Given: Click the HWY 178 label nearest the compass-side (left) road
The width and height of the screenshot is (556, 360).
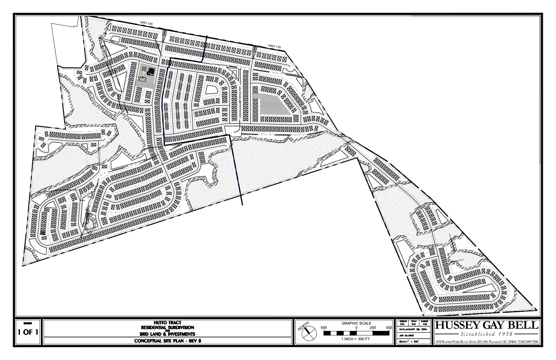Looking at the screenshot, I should point(145,24).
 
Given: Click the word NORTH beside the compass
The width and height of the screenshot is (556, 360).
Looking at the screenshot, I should point(303,326).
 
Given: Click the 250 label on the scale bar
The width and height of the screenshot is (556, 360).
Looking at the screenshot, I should point(373,328).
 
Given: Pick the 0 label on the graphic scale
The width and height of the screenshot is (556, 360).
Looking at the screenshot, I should point(357,328).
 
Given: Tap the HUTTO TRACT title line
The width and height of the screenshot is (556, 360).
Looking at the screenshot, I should point(168,322).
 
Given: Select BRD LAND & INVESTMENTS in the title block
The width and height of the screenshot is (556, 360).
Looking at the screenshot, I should point(168,334).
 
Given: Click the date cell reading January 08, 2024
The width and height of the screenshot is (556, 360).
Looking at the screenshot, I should point(413,328).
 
